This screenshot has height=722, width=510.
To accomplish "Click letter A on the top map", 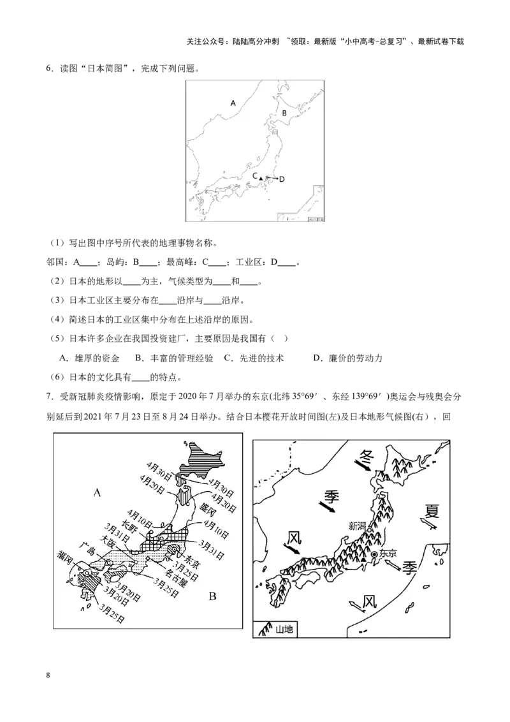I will [x=233, y=103].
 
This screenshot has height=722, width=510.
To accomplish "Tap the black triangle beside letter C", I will [x=261, y=177].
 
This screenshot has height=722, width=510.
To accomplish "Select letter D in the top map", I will [x=282, y=179].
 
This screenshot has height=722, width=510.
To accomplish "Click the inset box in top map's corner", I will [x=316, y=203].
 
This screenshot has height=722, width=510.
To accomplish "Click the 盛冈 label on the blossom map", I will [x=208, y=508].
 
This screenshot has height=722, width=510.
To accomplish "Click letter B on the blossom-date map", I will [x=213, y=597].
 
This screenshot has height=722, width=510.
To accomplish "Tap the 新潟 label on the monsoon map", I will [x=357, y=526].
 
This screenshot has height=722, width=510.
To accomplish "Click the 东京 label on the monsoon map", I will [x=388, y=554].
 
